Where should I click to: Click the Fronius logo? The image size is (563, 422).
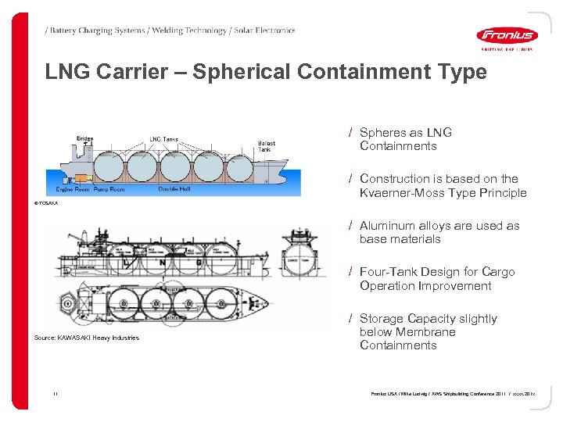pyautogui.click(x=507, y=35)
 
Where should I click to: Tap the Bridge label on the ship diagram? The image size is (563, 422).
pyautogui.click(x=84, y=139)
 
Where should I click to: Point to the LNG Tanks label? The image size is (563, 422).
pyautogui.click(x=163, y=140)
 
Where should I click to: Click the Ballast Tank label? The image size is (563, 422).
pyautogui.click(x=267, y=146)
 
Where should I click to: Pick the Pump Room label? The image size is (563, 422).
pyautogui.click(x=109, y=190)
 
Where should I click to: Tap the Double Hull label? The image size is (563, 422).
pyautogui.click(x=174, y=190)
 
